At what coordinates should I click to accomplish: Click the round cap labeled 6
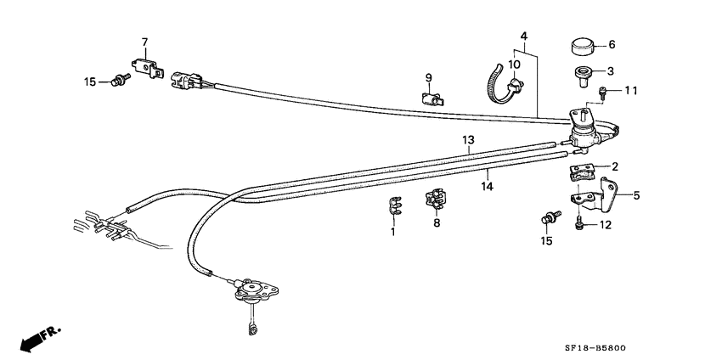[582, 46]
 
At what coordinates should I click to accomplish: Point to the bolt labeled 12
[580, 224]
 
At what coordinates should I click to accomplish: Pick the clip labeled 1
[392, 205]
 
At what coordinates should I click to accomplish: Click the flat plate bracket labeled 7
[148, 68]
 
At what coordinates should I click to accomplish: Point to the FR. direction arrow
[41, 338]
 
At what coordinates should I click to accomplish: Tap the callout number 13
[468, 139]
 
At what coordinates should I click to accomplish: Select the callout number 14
[488, 187]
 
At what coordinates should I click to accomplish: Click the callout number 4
[524, 36]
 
